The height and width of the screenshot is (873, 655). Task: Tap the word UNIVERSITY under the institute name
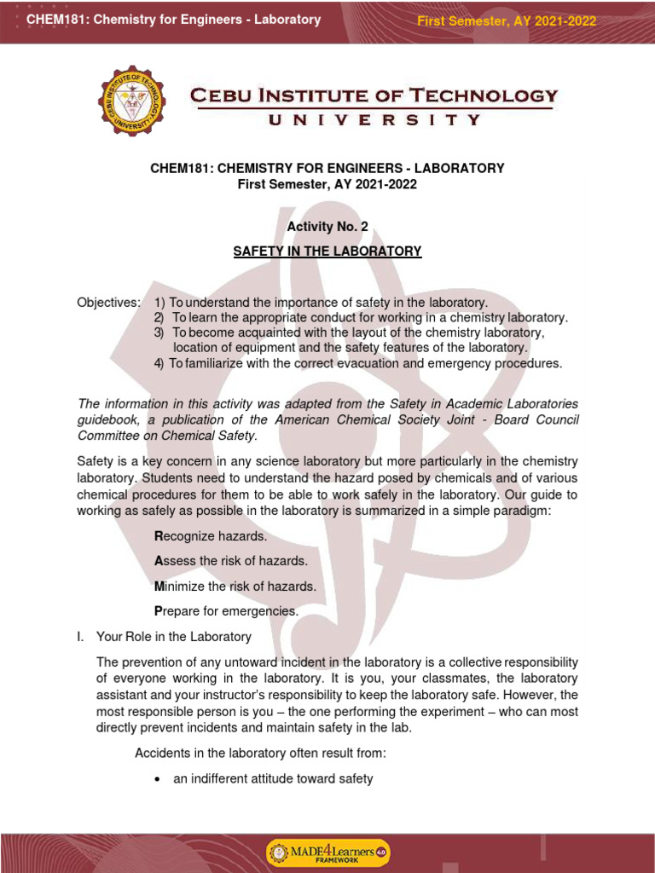[374, 120]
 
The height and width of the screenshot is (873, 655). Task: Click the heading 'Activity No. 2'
[327, 226]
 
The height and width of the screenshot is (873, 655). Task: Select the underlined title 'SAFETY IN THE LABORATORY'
[327, 251]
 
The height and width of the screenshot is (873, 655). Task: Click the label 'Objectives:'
[108, 303]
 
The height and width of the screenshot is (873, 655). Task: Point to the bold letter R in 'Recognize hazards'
[158, 536]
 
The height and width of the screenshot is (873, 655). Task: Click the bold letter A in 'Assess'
[158, 561]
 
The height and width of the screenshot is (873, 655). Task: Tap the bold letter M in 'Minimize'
[159, 586]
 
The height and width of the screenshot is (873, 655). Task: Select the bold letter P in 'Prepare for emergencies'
[158, 611]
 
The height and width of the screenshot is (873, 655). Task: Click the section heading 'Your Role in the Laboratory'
[174, 636]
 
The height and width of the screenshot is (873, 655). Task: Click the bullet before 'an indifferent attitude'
[157, 779]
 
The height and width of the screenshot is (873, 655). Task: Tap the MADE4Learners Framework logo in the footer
[327, 853]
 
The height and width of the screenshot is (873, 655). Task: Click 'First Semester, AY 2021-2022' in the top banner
[506, 21]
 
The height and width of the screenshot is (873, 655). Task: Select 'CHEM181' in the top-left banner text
[53, 20]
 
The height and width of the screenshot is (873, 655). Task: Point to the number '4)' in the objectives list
[159, 363]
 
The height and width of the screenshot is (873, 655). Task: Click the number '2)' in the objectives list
[159, 318]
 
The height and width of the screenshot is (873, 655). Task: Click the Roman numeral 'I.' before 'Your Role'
[82, 636]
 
